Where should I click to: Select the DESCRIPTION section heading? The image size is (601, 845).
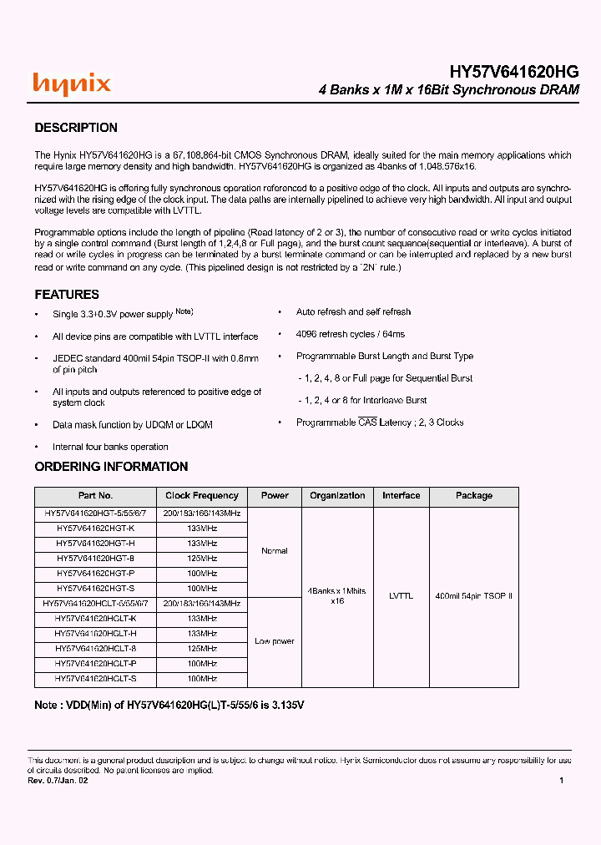[76, 128]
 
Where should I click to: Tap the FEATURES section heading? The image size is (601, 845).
[67, 295]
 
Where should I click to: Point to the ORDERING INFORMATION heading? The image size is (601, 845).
[111, 467]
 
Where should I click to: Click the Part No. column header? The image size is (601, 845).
[95, 496]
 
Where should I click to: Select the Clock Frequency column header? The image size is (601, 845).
[202, 496]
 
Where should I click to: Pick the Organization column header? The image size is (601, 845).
[337, 496]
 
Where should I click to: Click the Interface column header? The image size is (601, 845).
[402, 496]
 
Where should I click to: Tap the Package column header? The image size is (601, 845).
[474, 496]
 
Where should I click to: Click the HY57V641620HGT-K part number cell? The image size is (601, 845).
[95, 529]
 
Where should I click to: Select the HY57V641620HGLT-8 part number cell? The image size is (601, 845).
[95, 648]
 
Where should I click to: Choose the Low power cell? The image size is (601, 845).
[275, 641]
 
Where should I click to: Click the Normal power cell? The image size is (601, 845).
[275, 551]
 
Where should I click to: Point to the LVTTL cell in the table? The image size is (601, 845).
[402, 596]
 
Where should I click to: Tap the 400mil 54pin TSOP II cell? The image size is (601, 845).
[474, 596]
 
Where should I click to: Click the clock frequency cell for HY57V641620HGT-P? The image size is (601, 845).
[202, 574]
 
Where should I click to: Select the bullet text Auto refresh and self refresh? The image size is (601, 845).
[353, 312]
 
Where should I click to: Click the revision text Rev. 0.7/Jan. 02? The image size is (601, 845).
[58, 781]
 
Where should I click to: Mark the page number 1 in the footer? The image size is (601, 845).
[561, 781]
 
